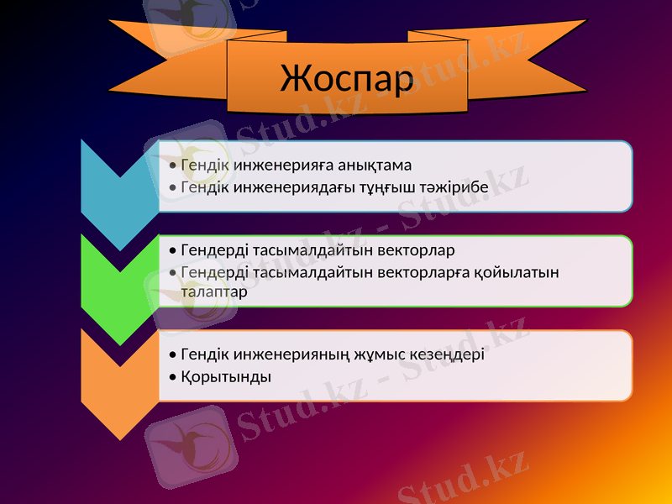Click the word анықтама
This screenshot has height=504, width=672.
(370, 165)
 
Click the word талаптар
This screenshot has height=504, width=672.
(213, 292)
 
